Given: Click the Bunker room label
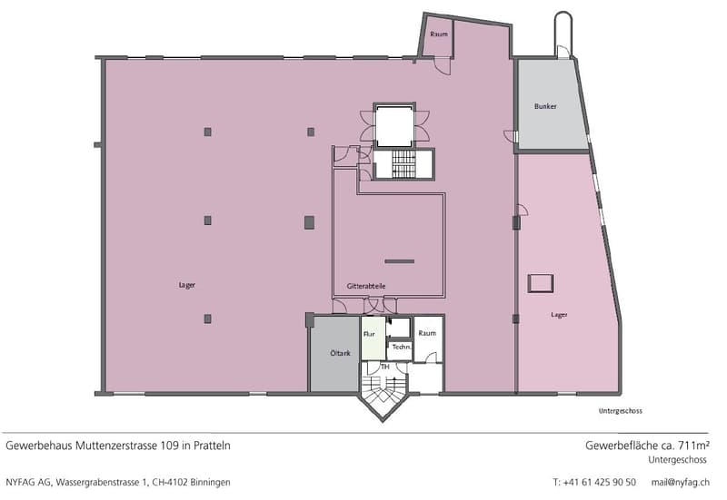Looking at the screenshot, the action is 545,106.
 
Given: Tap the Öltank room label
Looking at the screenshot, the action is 340,353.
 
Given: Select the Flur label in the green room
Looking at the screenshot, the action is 369,334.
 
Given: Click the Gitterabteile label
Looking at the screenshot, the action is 366,286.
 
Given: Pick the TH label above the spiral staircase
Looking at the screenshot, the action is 384,367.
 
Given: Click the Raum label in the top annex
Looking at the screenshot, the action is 439,34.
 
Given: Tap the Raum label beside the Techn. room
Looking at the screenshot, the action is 427,333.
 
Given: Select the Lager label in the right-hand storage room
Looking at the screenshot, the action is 559,315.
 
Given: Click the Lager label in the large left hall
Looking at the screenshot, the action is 187,285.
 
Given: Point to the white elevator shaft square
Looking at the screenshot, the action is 394,125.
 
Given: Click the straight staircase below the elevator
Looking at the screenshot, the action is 402,164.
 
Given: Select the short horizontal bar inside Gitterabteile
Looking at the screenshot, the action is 400,261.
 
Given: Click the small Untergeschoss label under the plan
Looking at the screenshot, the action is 620,411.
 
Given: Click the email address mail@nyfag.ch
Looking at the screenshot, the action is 680,483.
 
